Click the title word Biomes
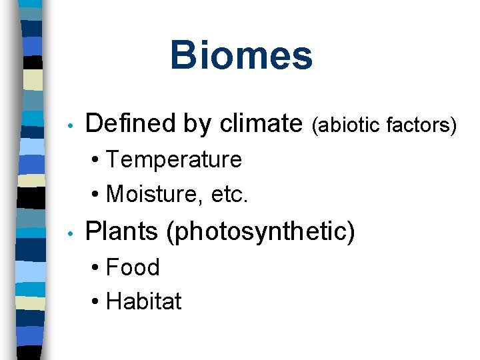tap(241, 55)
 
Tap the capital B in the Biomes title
tap(182, 55)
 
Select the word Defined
tap(127, 123)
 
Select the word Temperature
tap(174, 160)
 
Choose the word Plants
tap(123, 231)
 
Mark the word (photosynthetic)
tap(261, 232)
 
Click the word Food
tap(133, 267)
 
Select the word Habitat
tap(144, 301)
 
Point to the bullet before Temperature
tap(97, 161)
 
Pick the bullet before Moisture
tap(97, 195)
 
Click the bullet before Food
tap(97, 268)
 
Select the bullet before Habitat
tap(97, 302)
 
